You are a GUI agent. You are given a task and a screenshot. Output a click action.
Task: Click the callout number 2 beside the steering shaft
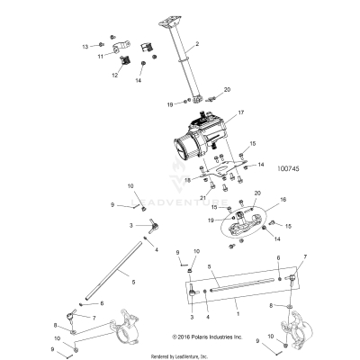(x=197, y=44)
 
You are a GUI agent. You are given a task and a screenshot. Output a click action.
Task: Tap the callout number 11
(x=102, y=56)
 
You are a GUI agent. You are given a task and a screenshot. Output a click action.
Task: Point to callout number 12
(x=115, y=76)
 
